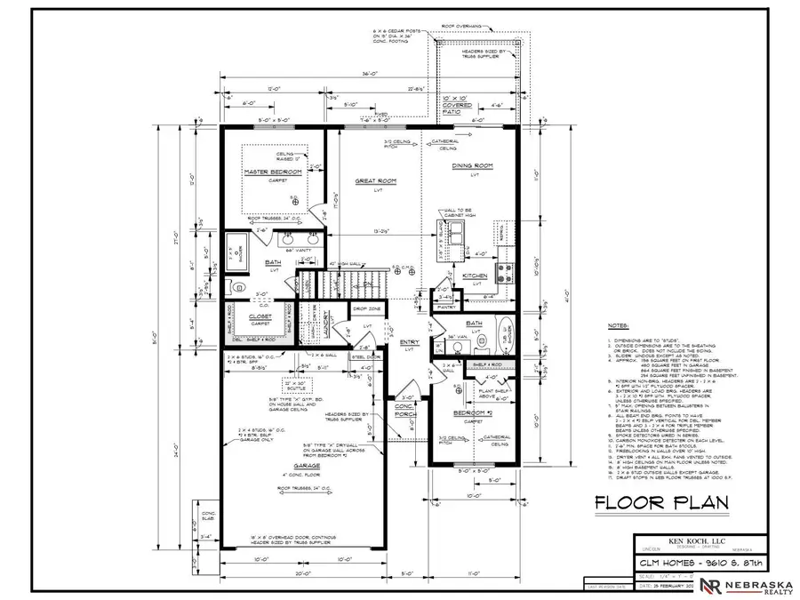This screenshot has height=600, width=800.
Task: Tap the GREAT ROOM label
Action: pos(375,180)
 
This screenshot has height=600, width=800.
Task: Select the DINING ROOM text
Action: pos(473,166)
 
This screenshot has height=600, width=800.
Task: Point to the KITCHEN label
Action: pos(475,276)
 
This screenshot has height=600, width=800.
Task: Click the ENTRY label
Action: pos(411,341)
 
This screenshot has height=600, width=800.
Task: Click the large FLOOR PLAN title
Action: pos(661,504)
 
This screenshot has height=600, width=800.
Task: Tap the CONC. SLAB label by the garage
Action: pos(205,516)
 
